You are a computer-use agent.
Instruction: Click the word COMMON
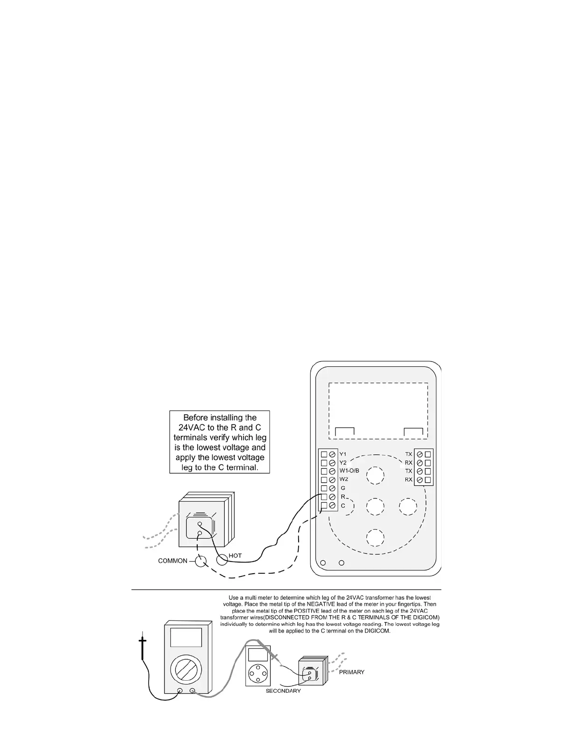172,561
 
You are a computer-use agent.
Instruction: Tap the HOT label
235,555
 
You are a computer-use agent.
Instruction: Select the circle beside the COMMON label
200,561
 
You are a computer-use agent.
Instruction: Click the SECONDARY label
283,690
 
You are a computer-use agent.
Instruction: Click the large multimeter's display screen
186,638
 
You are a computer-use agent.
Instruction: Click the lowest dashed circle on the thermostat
375,538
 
